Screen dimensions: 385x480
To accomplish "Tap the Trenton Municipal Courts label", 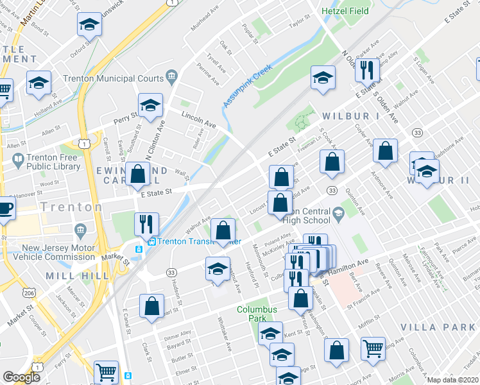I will [117, 78].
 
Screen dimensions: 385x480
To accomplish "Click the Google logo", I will [21, 377].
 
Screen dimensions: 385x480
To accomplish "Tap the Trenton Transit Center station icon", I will [138, 248].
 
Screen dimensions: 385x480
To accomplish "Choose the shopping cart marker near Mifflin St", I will [373, 349].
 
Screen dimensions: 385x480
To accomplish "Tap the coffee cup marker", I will [5, 210].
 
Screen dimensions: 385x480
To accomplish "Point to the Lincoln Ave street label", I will [198, 119].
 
